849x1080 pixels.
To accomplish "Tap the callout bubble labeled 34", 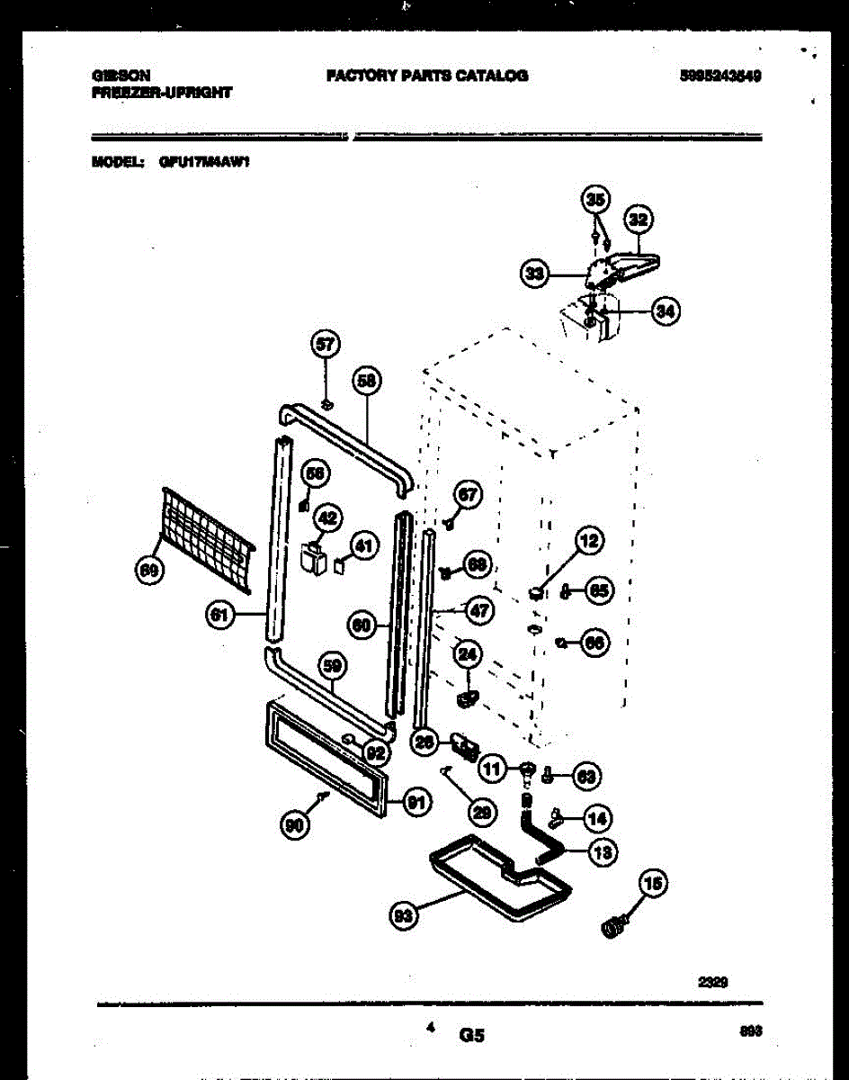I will pyautogui.click(x=664, y=311).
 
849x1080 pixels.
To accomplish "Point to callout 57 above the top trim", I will pyautogui.click(x=324, y=343).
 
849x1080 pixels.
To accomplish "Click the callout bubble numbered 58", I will pyautogui.click(x=366, y=381).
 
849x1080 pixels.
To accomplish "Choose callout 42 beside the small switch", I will pyautogui.click(x=327, y=517).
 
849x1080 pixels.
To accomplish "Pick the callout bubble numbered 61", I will pyautogui.click(x=218, y=616).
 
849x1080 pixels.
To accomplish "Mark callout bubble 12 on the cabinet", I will pyautogui.click(x=588, y=542).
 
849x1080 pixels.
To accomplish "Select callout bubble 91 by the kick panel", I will pyautogui.click(x=415, y=804).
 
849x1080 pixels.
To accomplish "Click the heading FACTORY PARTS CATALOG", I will pyautogui.click(x=426, y=76).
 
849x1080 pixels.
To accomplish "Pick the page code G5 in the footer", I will pyautogui.click(x=472, y=1036).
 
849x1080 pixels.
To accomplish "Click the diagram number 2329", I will pyautogui.click(x=712, y=984).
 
